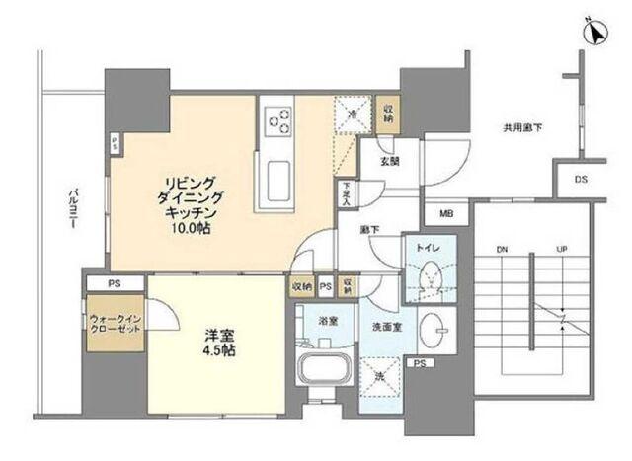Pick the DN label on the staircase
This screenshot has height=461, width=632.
pyautogui.click(x=501, y=249)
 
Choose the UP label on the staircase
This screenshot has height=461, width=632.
pyautogui.click(x=562, y=249)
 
